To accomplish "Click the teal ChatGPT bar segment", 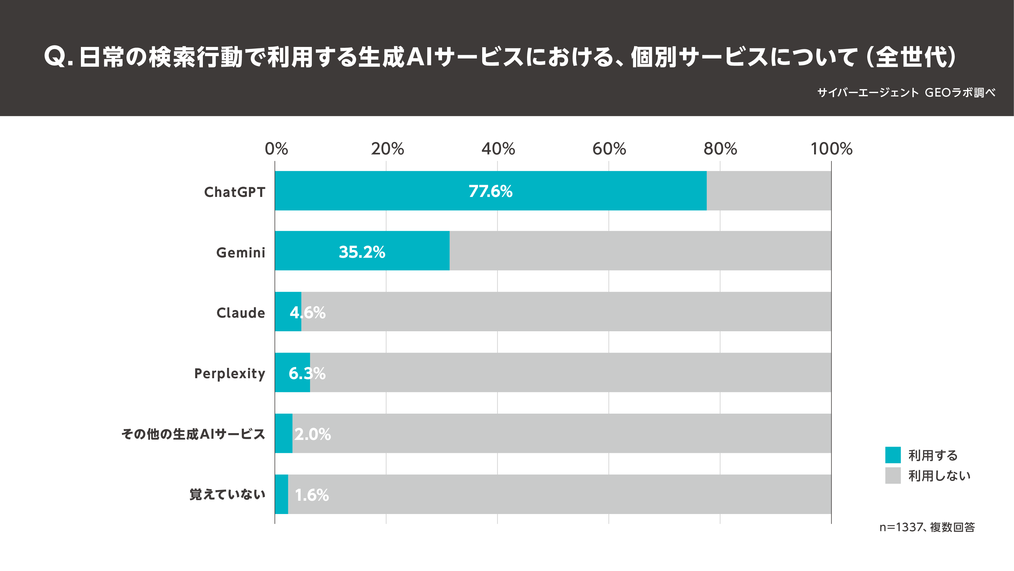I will coord(394,191).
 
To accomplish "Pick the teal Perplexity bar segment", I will coord(282,373).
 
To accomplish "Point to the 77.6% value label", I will coord(490,191).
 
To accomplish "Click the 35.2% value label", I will coord(362,252).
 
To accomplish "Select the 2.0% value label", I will coord(312,434).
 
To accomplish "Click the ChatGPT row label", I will coord(235,192).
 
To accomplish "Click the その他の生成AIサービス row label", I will coord(193,434).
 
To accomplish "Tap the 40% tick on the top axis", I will coord(498,149).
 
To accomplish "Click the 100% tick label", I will coord(831,149).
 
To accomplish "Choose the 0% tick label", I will coord(276,149).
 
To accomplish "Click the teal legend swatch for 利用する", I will coord(893,455).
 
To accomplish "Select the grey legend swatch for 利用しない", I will coord(893,475).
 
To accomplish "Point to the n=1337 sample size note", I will coord(927,527).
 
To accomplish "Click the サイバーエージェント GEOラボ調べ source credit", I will coord(906,92).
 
